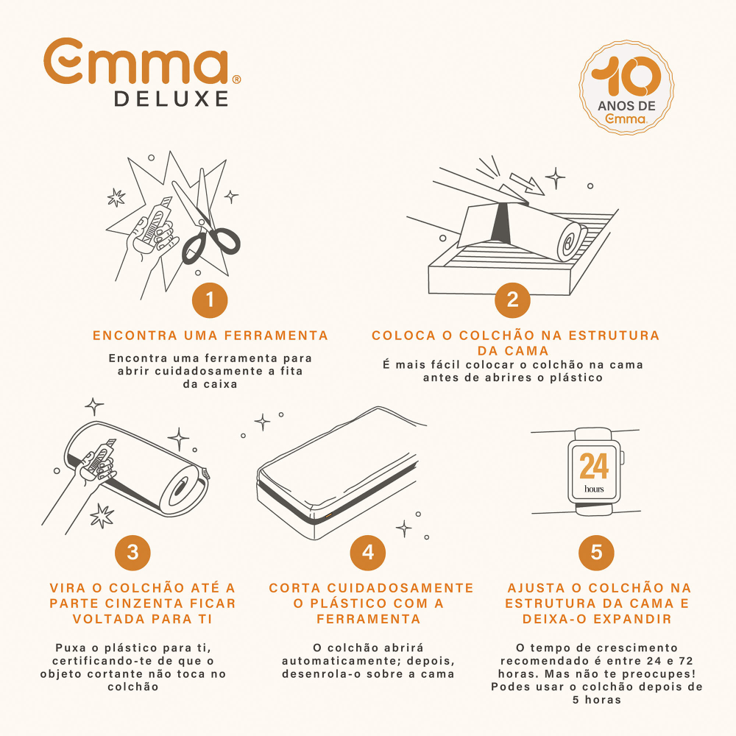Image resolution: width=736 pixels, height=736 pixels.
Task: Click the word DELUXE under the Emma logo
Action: pyautogui.click(x=171, y=99)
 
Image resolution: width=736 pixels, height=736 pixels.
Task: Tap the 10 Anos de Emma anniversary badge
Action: pyautogui.click(x=626, y=87)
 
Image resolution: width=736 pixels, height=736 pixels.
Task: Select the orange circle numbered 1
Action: pyautogui.click(x=210, y=300)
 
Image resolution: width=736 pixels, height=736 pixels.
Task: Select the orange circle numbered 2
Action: pyautogui.click(x=512, y=300)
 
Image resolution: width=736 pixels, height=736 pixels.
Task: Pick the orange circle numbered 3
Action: pyautogui.click(x=132, y=553)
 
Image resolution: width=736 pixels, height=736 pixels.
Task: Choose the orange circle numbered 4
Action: pyautogui.click(x=368, y=553)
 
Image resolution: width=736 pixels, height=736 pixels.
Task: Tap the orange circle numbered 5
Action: pyautogui.click(x=596, y=553)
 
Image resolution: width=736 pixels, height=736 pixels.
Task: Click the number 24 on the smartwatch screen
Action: pyautogui.click(x=594, y=466)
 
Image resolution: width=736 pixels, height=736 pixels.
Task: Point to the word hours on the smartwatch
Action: pyautogui.click(x=594, y=489)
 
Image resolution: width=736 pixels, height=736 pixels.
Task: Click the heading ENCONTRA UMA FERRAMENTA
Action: pyautogui.click(x=210, y=336)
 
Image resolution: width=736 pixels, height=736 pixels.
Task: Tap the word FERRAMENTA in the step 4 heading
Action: pyautogui.click(x=369, y=619)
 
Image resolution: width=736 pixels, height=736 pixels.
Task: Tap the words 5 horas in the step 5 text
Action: pyautogui.click(x=597, y=700)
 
